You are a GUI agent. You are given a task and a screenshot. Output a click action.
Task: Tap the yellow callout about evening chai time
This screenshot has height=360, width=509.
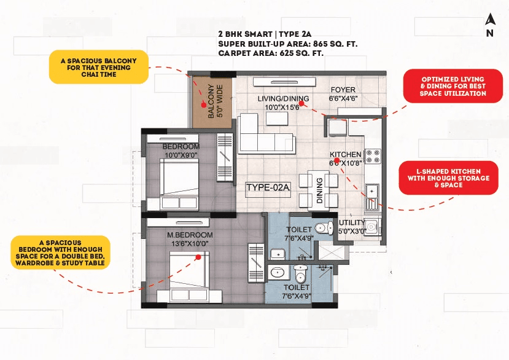(x=98, y=66)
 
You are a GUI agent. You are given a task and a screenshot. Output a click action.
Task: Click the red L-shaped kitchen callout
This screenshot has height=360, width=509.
(x=448, y=178)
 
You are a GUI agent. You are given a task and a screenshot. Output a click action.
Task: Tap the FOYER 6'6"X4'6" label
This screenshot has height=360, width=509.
(x=342, y=94)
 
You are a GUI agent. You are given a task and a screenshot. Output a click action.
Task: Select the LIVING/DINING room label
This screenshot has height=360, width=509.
(x=282, y=103)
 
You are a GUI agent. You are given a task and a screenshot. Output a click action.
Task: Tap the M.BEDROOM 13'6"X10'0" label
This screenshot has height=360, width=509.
(x=191, y=239)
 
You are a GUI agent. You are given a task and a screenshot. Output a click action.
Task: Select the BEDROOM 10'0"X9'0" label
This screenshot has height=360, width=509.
(x=181, y=151)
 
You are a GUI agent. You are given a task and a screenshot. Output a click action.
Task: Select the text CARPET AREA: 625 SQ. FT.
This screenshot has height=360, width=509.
(x=271, y=53)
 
